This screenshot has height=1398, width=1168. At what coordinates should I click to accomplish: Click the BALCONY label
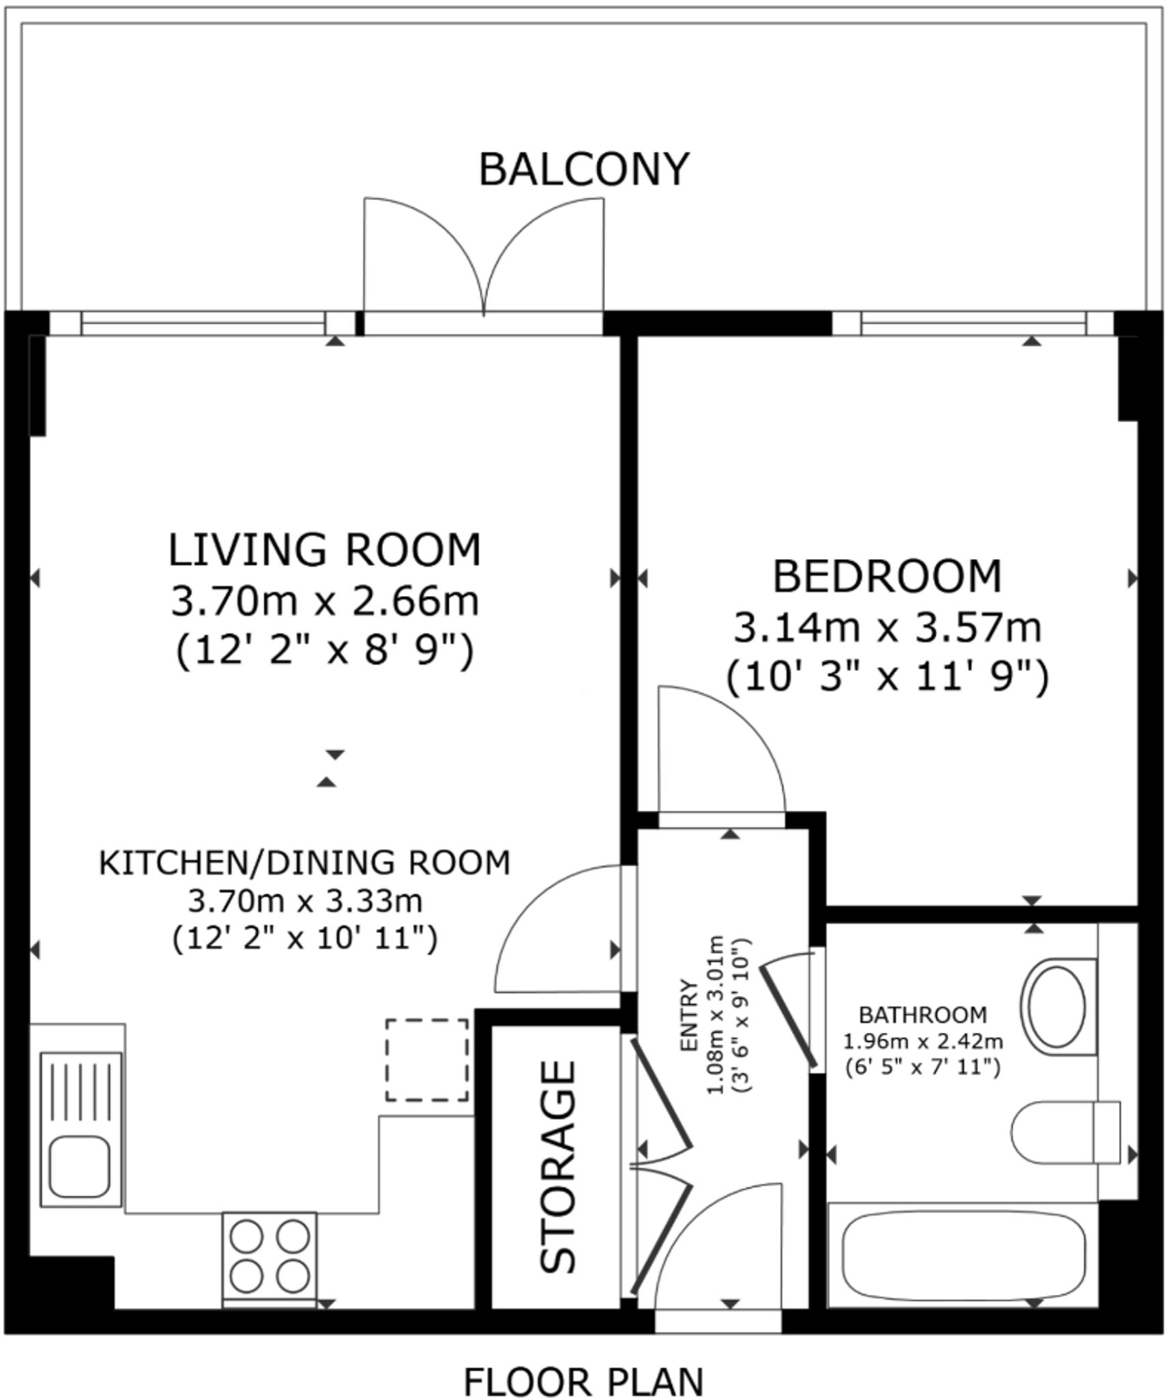pyautogui.click(x=584, y=169)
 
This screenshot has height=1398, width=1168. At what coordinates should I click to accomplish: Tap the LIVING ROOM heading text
pyautogui.click(x=325, y=550)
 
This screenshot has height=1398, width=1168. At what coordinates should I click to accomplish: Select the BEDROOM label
pyautogui.click(x=887, y=576)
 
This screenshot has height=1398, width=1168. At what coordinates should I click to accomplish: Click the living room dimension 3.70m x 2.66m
pyautogui.click(x=325, y=601)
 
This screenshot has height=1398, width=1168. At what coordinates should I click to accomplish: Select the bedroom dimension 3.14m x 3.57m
pyautogui.click(x=887, y=628)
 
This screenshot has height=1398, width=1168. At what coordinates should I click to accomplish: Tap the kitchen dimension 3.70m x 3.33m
pyautogui.click(x=305, y=901)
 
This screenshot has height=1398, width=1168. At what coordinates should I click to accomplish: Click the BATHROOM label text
pyautogui.click(x=922, y=1015)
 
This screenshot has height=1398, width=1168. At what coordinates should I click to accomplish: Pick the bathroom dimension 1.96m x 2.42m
pyautogui.click(x=922, y=1042)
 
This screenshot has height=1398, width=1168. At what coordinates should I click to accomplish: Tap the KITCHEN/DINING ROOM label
pyautogui.click(x=305, y=863)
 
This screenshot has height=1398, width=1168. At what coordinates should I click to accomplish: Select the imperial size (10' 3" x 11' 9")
pyautogui.click(x=887, y=679)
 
